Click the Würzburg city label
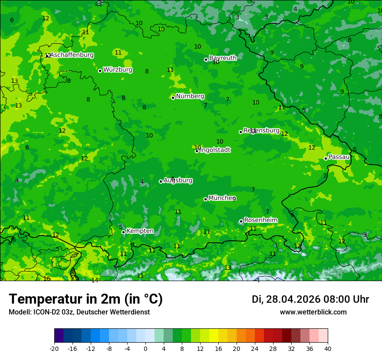[x=118, y=70]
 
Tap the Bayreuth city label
[x=223, y=58]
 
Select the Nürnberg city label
[x=190, y=96]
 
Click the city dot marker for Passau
[x=326, y=158]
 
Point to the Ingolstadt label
[x=215, y=150]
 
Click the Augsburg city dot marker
[x=161, y=181]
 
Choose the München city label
[x=222, y=198]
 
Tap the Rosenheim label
[x=260, y=220]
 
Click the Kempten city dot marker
[x=123, y=232]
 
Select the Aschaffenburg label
[x=72, y=55]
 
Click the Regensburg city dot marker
[x=240, y=132]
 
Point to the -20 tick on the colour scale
[x=54, y=348]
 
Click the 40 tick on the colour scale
[x=328, y=348]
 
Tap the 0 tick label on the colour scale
[x=145, y=348]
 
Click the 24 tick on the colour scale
[x=255, y=348]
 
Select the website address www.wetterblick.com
[x=313, y=312]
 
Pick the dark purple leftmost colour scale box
[x=59, y=336]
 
